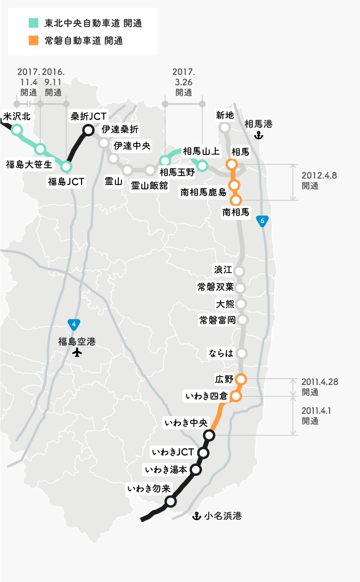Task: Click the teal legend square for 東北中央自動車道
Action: pos(34,23)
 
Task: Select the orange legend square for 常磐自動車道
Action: pos(34,40)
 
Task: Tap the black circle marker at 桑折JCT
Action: pos(88,130)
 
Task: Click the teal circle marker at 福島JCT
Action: pos(66,167)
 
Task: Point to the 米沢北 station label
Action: pos(17,116)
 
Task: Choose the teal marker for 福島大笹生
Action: pos(40,149)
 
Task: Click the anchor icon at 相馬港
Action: pos(258,135)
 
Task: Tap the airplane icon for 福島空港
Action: pos(77,352)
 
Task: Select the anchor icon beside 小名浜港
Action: pos(197,516)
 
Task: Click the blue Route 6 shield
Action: pos(262,221)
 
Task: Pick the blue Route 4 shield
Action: pos(74,324)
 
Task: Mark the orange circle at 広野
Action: pos(241,379)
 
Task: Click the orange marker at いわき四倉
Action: pos(236,396)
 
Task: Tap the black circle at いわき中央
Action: pos(210,435)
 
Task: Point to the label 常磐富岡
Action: pos(217,320)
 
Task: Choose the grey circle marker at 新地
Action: pos(225,128)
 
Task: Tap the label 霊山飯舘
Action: pos(149,185)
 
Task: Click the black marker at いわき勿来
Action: pos(170,501)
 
